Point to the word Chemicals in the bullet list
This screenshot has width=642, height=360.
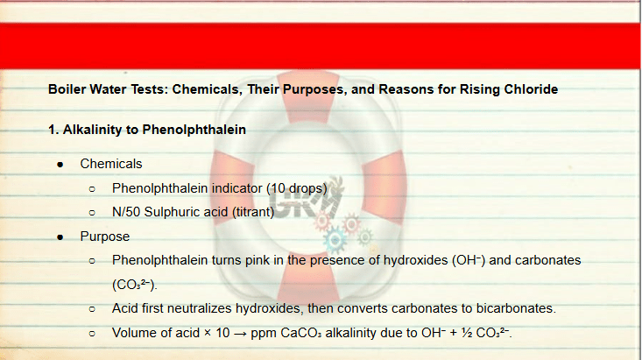(111, 164)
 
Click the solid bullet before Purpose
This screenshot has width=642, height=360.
(60, 237)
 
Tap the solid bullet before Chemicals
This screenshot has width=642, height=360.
(60, 165)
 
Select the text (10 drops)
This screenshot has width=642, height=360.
(297, 188)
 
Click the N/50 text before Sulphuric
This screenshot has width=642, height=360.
(126, 212)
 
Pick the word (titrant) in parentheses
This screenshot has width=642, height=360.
(253, 212)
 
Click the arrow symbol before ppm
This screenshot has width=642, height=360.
(240, 334)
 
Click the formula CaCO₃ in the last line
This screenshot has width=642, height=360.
(301, 333)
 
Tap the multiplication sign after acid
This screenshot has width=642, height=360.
(208, 333)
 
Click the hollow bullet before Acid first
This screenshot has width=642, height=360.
(92, 309)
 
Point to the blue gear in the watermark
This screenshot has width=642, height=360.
(335, 240)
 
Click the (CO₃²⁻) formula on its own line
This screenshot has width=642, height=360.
(134, 284)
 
